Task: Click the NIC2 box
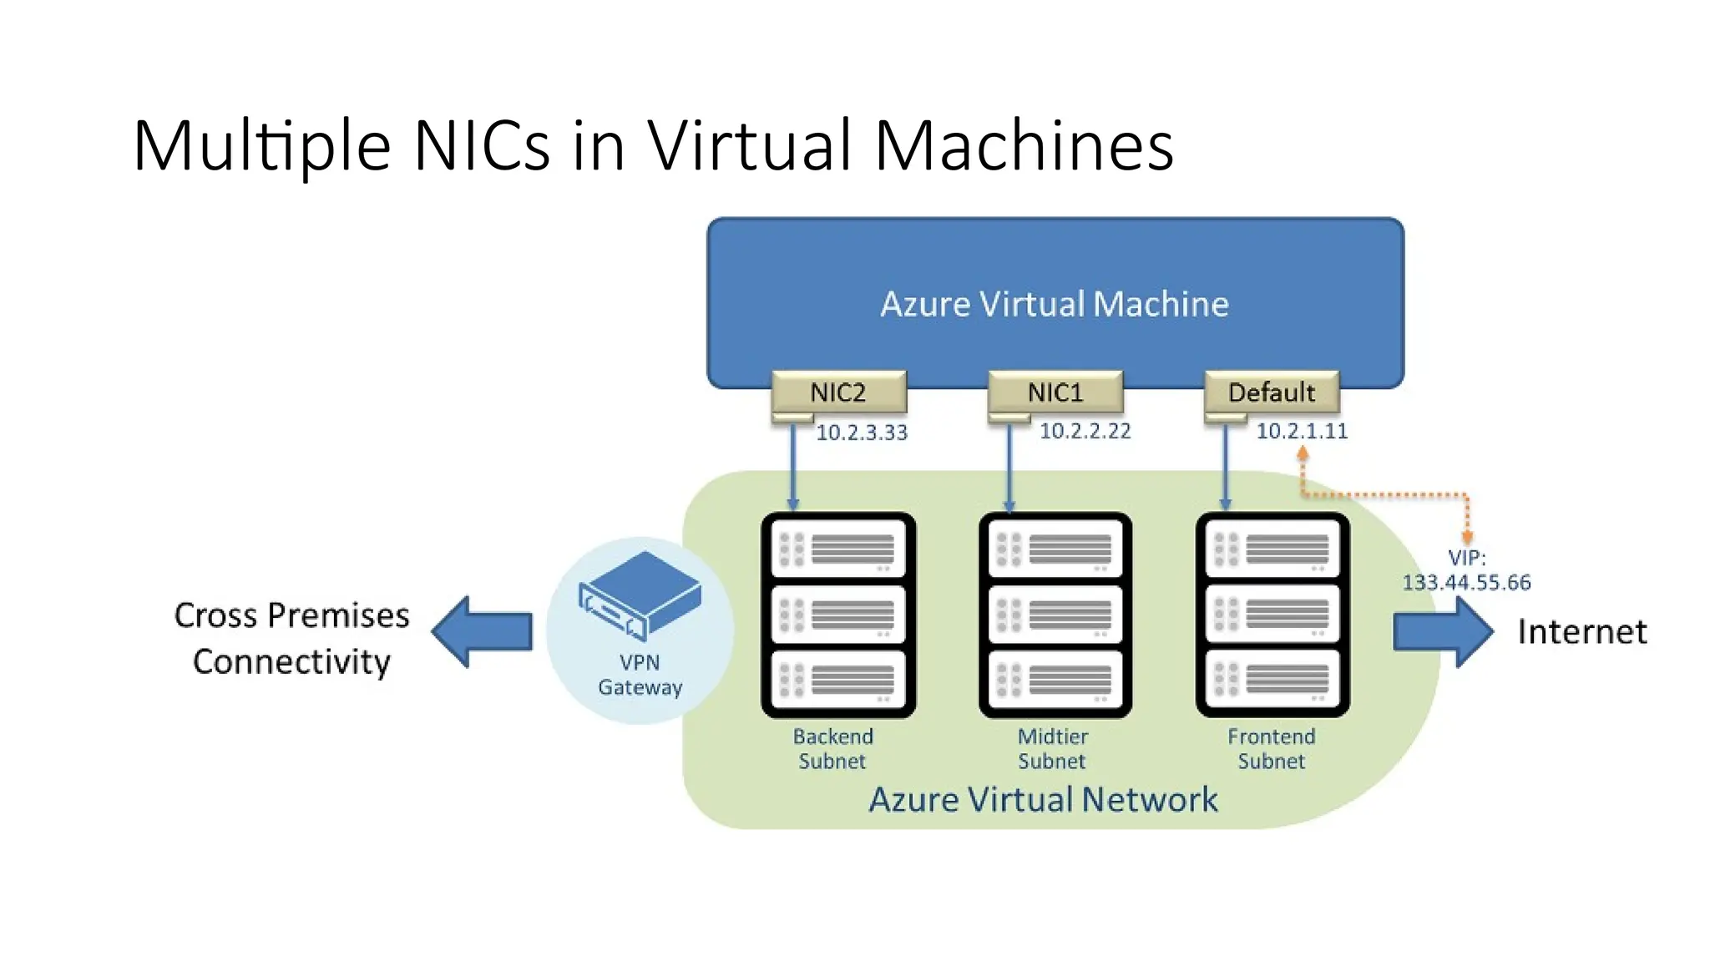(838, 392)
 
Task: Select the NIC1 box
(1055, 392)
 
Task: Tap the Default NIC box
(1271, 392)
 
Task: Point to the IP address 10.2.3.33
(861, 433)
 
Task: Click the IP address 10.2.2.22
(1085, 431)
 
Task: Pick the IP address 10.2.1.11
(1302, 431)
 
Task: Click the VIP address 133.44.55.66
(1466, 582)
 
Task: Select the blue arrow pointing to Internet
(1443, 631)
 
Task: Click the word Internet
(1581, 631)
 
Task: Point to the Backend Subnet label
(832, 748)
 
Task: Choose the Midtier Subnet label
(1052, 748)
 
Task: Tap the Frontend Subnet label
(1271, 748)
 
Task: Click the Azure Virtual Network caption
(1043, 799)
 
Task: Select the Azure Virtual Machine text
(1055, 304)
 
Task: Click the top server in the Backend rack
(838, 549)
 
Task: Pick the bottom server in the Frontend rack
(1272, 679)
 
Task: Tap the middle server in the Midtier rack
(1055, 614)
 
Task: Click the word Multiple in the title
(261, 146)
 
